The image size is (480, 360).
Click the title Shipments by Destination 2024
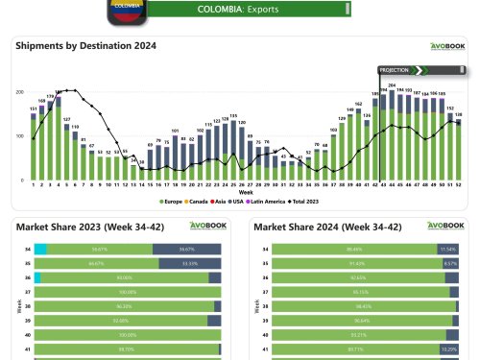(84, 45)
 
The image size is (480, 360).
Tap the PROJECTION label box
(394, 70)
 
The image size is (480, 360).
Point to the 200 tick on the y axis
(20, 92)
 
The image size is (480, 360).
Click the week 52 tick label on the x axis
(460, 184)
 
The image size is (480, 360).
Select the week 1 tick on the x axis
(34, 184)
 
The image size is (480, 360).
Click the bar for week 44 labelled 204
(392, 134)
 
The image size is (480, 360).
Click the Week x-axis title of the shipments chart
(246, 192)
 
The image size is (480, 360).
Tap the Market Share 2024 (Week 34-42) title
(320, 227)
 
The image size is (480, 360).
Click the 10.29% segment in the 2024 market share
(449, 349)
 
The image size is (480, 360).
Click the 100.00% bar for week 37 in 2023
(128, 291)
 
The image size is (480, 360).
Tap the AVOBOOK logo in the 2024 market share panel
(445, 226)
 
